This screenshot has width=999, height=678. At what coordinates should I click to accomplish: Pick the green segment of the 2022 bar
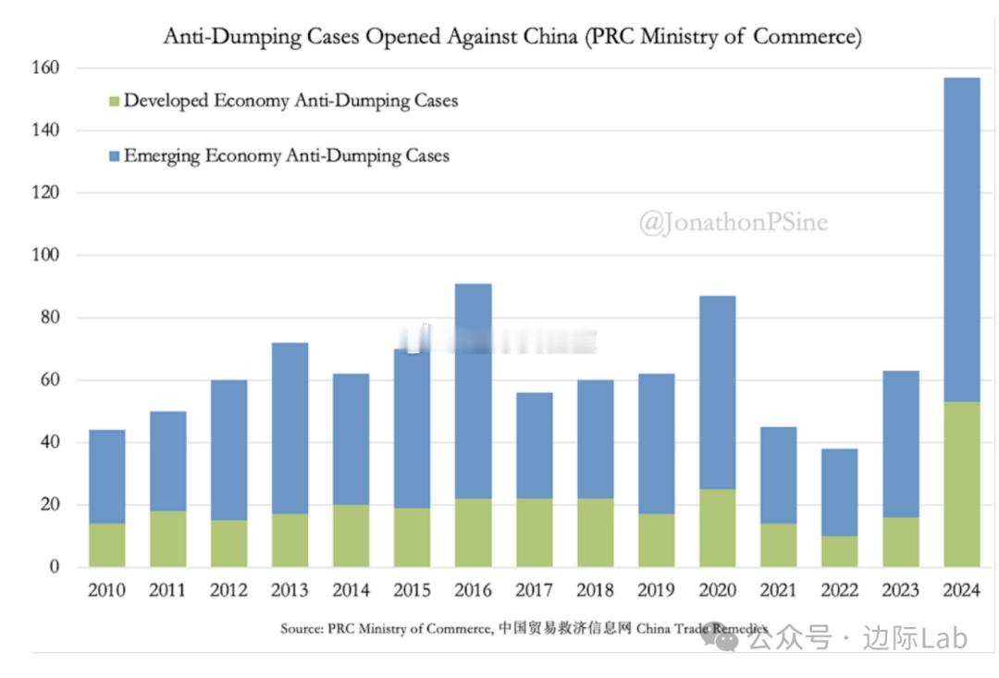(x=839, y=551)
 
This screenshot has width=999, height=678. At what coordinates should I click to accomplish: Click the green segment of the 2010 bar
(x=106, y=545)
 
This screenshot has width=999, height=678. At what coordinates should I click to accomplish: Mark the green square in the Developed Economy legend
(x=113, y=101)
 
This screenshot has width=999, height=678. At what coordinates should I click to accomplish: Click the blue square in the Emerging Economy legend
(x=113, y=156)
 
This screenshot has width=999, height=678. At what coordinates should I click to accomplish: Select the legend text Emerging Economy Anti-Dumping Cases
(x=286, y=155)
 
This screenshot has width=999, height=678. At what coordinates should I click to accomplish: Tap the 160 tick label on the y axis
(x=47, y=68)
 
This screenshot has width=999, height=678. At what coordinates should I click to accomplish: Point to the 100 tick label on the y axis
(x=47, y=255)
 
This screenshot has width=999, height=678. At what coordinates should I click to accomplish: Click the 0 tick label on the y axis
(x=55, y=567)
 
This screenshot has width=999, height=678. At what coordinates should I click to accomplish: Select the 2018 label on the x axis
(x=595, y=590)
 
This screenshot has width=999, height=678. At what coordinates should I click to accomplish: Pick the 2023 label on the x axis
(x=900, y=590)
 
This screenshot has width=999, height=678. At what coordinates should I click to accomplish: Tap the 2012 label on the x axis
(x=228, y=590)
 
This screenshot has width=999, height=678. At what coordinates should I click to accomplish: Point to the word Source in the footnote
(x=302, y=628)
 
